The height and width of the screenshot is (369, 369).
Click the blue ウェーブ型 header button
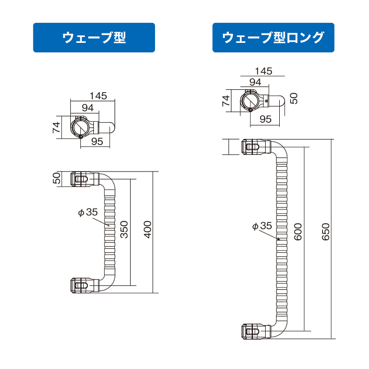[94, 38]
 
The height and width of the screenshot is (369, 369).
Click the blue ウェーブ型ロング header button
[273, 38]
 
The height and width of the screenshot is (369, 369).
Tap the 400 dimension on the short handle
[148, 229]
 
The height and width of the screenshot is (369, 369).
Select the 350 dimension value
[124, 229]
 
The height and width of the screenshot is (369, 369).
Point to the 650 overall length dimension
[326, 232]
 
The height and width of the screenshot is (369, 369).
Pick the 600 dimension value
[298, 232]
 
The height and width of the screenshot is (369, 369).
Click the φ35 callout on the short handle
[88, 212]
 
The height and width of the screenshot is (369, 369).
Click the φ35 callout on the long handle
[262, 226]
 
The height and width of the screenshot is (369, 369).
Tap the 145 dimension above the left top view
[98, 96]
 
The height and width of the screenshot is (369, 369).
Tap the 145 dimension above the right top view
[264, 71]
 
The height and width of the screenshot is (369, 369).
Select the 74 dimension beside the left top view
[56, 127]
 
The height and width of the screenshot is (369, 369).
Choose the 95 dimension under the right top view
[266, 119]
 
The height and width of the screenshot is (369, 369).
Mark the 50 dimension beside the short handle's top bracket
[56, 178]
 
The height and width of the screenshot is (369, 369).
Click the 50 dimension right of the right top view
[294, 98]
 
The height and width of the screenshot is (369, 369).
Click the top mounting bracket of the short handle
[85, 180]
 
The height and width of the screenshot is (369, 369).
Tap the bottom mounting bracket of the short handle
[85, 285]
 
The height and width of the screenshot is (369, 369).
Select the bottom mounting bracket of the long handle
[256, 331]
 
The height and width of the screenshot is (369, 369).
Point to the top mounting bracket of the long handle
[256, 147]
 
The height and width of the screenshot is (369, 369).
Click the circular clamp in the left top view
[80, 127]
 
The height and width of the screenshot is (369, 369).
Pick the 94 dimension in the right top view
[255, 82]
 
